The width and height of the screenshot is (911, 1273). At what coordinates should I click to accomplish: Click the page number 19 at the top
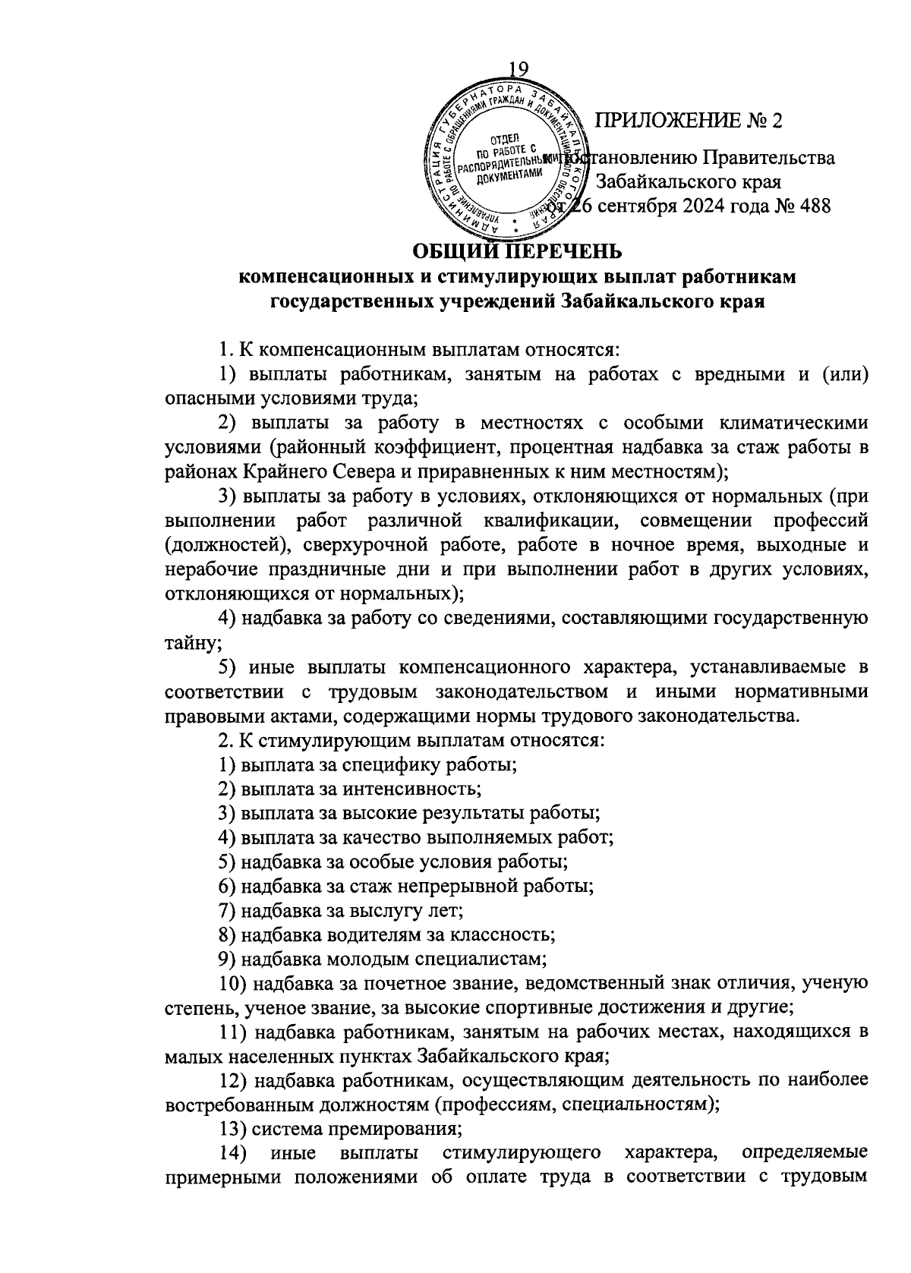516,69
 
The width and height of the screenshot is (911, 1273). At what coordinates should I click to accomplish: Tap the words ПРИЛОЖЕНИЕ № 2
689,120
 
